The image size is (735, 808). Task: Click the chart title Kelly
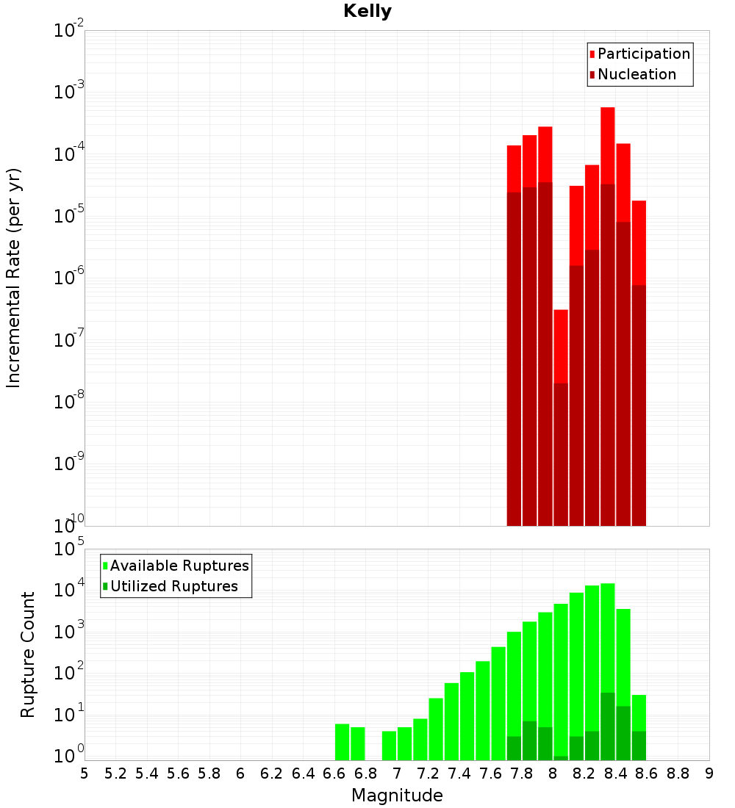click(367, 11)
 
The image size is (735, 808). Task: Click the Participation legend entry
click(639, 54)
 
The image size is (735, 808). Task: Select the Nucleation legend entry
click(633, 74)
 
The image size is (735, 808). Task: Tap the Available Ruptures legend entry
click(176, 566)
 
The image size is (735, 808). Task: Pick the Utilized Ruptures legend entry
click(171, 586)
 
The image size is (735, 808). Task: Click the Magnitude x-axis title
click(397, 796)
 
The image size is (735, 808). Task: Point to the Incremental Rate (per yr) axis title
click(13, 278)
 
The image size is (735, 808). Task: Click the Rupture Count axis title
click(27, 654)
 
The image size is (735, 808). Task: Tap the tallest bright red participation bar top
click(608, 108)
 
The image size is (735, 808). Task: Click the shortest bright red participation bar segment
click(561, 346)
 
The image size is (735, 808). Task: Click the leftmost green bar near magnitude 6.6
click(342, 742)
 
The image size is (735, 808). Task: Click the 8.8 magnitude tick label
click(678, 774)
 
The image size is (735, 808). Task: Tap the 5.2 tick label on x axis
click(115, 774)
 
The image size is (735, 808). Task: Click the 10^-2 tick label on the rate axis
click(68, 29)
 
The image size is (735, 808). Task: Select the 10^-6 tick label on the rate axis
click(68, 276)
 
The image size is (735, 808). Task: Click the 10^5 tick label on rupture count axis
click(68, 548)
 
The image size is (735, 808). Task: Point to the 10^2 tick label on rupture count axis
click(68, 671)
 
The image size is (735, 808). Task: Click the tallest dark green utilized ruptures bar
click(608, 726)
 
